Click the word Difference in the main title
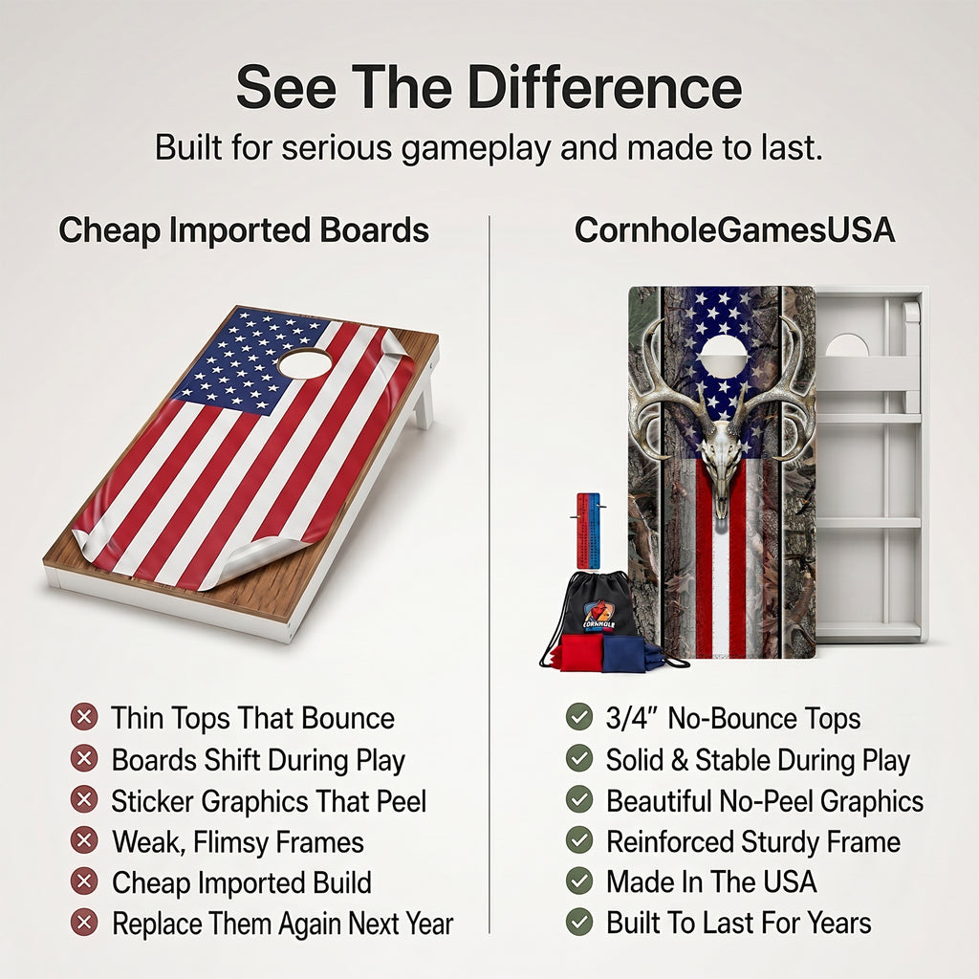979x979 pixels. click(x=605, y=87)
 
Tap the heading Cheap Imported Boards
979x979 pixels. click(x=244, y=230)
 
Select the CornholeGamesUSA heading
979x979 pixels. click(x=735, y=229)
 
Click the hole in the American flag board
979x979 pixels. click(x=305, y=363)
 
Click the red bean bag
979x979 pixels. click(x=581, y=653)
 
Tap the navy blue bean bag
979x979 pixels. click(x=624, y=654)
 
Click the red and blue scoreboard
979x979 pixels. click(x=588, y=531)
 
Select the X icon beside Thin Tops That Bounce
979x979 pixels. click(x=84, y=717)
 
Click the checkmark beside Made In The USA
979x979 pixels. click(x=579, y=881)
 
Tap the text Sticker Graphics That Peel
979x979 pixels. click(x=269, y=801)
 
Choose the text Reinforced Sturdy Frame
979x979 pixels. click(x=753, y=841)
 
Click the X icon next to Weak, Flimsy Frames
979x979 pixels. click(x=84, y=840)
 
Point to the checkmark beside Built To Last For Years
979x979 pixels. click(x=579, y=923)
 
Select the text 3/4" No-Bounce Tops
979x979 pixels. click(x=733, y=718)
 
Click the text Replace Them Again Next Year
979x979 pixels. click(x=283, y=924)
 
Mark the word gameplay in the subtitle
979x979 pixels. click(x=476, y=148)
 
